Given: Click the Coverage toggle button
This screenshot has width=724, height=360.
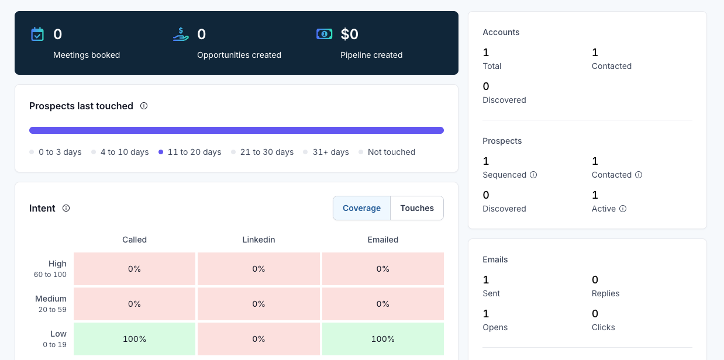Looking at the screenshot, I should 361,208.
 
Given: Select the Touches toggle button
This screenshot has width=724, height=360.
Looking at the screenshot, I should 416,208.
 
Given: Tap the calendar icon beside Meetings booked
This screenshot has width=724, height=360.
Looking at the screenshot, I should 37,34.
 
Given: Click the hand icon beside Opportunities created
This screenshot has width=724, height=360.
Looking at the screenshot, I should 181,34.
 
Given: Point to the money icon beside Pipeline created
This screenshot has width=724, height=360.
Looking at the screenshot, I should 324,34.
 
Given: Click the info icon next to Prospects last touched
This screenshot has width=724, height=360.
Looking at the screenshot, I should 144,106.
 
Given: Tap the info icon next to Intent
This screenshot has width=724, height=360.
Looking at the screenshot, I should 66,208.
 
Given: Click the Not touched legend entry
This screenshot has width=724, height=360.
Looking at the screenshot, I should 387,152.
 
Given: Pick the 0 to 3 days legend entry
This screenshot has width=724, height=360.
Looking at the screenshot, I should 56,152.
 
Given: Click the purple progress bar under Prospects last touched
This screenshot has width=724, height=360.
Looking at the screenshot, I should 236,130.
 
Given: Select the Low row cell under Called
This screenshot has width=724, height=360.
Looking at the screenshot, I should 135,339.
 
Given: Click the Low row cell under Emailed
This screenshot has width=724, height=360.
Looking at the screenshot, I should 382,339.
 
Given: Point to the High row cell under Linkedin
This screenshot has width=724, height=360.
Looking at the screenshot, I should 258,269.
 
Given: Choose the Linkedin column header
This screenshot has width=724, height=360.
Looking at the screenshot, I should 258,240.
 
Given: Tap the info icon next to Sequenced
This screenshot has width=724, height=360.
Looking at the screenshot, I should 533,175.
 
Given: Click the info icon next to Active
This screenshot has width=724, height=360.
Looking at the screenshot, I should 623,209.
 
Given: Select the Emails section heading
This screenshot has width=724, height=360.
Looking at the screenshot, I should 495,259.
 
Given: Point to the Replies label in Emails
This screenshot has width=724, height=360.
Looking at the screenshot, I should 605,293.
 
